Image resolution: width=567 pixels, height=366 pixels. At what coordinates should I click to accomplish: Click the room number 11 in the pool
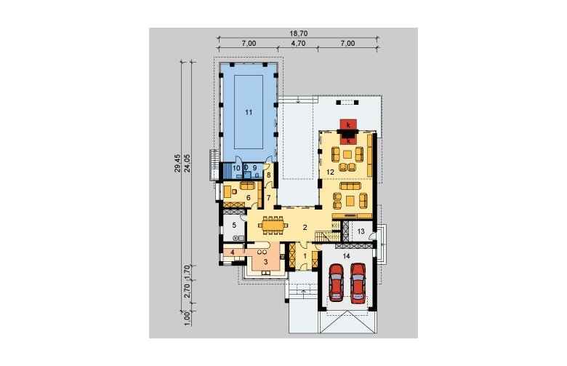249,113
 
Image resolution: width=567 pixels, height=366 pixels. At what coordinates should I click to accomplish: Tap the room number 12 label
330,172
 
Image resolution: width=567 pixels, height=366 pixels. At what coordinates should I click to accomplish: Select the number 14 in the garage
347,256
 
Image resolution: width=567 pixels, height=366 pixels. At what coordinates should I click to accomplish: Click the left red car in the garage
337,283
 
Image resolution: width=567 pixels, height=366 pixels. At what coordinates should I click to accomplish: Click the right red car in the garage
358,283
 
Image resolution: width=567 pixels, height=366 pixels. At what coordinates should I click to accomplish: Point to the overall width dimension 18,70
298,33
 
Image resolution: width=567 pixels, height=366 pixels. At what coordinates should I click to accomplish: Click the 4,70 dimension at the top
298,44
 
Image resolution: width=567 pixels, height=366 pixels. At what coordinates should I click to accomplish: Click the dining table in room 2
273,226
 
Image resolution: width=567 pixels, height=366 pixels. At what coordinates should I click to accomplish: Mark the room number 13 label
361,231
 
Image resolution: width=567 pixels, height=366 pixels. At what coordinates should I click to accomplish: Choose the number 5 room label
234,225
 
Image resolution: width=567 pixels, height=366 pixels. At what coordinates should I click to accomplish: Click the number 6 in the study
249,198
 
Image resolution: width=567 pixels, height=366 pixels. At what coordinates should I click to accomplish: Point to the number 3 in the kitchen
265,261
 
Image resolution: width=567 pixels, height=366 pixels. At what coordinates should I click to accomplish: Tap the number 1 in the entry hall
305,255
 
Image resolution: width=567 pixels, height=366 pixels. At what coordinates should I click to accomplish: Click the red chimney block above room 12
348,125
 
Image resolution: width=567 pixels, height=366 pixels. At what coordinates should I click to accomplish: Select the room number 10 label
236,168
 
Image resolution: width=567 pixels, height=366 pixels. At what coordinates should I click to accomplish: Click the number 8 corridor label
269,175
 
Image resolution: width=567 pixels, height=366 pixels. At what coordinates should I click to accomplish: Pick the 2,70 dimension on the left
188,290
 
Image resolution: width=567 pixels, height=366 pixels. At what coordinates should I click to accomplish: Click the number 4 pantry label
233,252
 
